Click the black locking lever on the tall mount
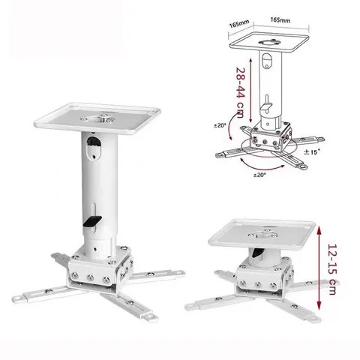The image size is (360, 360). pyautogui.click(x=93, y=221)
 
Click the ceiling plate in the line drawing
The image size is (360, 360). pyautogui.click(x=277, y=37)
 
